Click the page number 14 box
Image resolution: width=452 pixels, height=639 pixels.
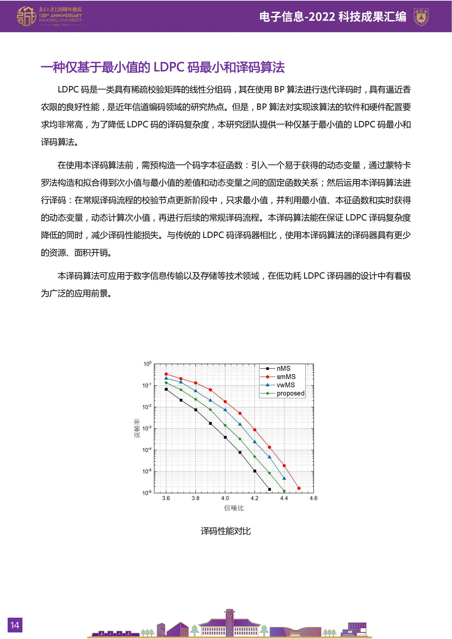pyautogui.click(x=15, y=625)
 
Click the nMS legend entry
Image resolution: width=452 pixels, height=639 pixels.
pyautogui.click(x=283, y=369)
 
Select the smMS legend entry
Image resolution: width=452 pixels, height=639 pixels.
pyautogui.click(x=286, y=377)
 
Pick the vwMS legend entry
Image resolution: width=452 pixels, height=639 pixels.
pyautogui.click(x=285, y=385)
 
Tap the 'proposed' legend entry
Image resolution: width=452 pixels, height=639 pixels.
pyautogui.click(x=290, y=393)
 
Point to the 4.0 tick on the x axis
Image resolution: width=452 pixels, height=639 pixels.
pyautogui.click(x=225, y=498)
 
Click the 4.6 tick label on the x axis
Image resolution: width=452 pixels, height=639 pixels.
pyautogui.click(x=313, y=498)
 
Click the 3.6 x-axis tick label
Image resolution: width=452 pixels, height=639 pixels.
pyautogui.click(x=166, y=498)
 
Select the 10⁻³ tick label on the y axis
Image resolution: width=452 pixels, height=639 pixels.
pyautogui.click(x=147, y=428)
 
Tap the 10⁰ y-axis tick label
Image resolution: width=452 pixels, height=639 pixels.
pyautogui.click(x=147, y=364)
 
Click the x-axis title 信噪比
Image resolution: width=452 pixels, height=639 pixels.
pyautogui.click(x=234, y=508)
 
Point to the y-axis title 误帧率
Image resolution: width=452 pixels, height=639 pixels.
pyautogui.click(x=137, y=428)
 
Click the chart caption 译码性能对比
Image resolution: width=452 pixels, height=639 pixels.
pyautogui.click(x=226, y=531)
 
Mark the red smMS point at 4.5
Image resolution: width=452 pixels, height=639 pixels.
pyautogui.click(x=299, y=488)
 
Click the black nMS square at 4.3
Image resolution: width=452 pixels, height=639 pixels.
pyautogui.click(x=269, y=489)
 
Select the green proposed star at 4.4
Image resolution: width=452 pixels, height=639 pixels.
pyautogui.click(x=284, y=491)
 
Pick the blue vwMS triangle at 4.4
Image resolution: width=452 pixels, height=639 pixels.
pyautogui.click(x=284, y=478)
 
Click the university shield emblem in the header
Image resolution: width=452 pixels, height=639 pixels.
pyautogui.click(x=421, y=17)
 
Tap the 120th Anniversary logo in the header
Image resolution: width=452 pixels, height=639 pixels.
pyautogui.click(x=49, y=16)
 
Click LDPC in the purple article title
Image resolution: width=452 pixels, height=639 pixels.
pyautogui.click(x=169, y=67)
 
